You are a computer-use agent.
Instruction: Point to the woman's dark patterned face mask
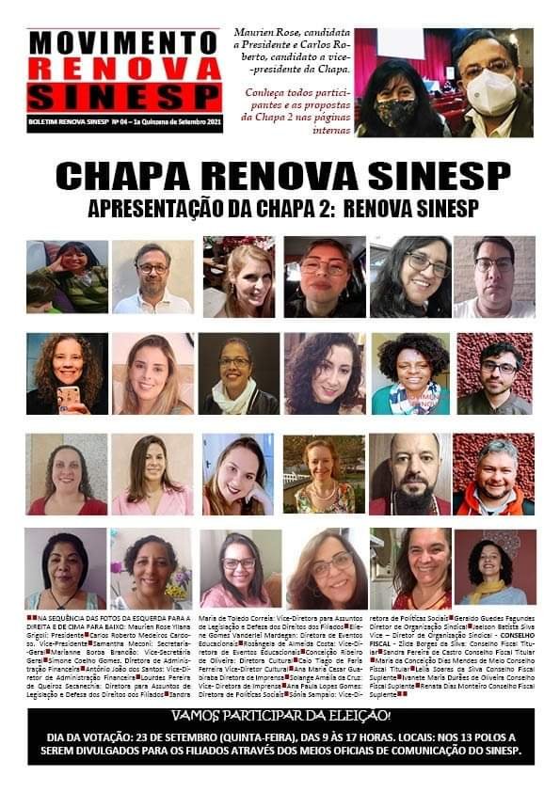[x=395, y=113]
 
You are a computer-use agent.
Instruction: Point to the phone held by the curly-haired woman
[x=68, y=400]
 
